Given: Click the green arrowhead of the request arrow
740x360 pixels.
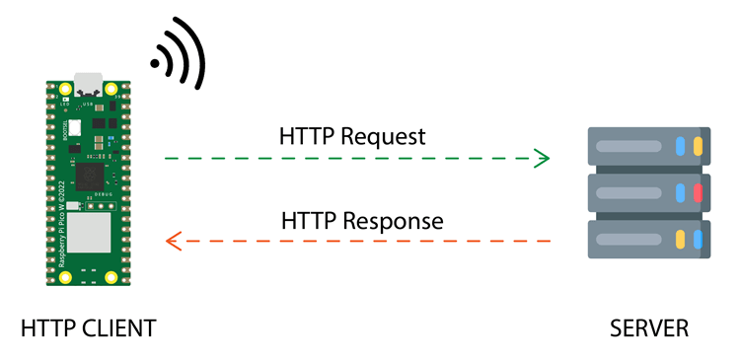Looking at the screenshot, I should click(542, 158).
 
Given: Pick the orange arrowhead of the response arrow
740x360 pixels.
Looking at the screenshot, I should click(173, 240).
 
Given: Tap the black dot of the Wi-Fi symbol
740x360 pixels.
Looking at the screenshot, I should click(155, 66).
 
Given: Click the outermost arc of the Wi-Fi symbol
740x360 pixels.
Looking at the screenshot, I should click(196, 54).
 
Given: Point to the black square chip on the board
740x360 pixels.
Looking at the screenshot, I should click(90, 178).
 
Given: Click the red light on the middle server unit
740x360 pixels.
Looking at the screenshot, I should click(698, 192).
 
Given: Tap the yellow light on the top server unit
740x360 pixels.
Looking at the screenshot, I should click(698, 146).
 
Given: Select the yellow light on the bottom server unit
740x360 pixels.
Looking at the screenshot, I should click(680, 239).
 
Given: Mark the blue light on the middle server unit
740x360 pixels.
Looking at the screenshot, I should click(680, 192).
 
